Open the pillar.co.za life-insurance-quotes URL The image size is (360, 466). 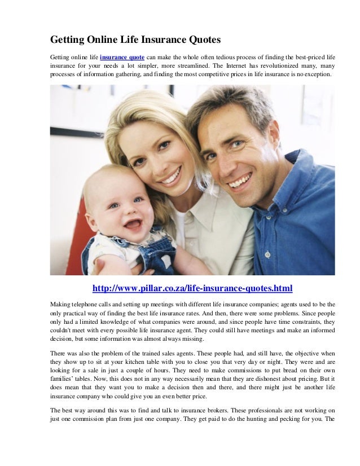pyautogui.click(x=192, y=289)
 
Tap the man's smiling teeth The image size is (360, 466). pyautogui.click(x=239, y=181)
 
